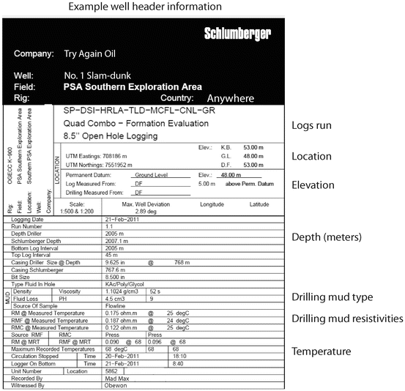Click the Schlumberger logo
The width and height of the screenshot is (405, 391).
(237, 34)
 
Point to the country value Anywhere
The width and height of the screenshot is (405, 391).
(230, 97)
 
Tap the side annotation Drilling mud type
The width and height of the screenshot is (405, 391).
(334, 297)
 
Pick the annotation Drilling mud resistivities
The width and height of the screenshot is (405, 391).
(347, 318)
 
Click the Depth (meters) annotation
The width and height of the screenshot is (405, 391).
(327, 239)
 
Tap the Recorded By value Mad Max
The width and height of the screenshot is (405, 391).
(118, 379)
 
